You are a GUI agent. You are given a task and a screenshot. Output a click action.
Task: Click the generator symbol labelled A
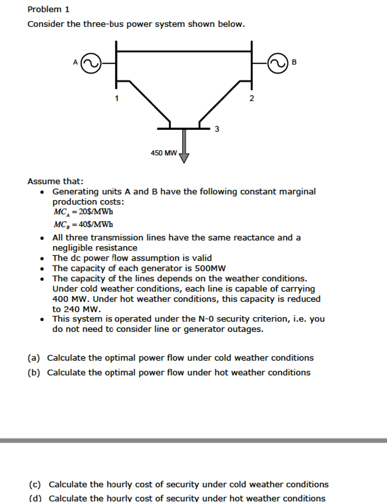click(x=91, y=63)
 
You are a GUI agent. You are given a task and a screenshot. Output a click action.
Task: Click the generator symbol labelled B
click(x=277, y=63)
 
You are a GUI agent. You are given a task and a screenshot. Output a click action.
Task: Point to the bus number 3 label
click(x=217, y=129)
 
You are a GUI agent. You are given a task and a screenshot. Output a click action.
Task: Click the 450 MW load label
click(x=163, y=153)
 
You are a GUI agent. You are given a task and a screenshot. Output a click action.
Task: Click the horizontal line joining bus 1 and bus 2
click(x=184, y=50)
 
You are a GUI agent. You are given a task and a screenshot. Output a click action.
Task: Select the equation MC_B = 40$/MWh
click(x=83, y=225)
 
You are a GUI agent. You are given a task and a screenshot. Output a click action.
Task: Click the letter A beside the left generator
click(x=75, y=62)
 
